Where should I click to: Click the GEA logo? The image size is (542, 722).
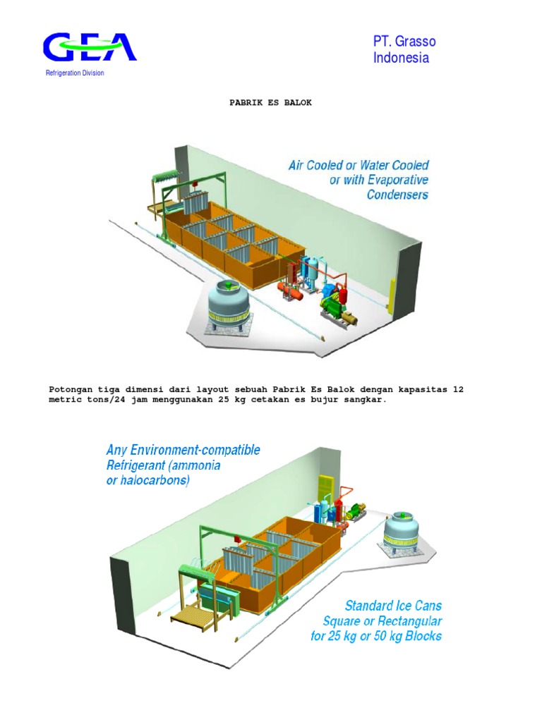click(x=89, y=48)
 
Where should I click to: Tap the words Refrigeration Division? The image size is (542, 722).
click(x=76, y=73)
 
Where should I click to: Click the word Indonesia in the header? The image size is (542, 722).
click(x=401, y=59)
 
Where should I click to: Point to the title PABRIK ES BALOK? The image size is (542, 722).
click(x=270, y=103)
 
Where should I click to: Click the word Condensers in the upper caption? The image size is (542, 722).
click(x=397, y=195)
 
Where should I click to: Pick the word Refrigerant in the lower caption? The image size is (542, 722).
click(x=138, y=465)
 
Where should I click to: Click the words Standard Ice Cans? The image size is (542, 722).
click(x=393, y=606)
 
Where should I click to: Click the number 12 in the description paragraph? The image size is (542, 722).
click(x=457, y=389)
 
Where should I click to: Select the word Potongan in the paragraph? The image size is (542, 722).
click(x=71, y=389)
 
